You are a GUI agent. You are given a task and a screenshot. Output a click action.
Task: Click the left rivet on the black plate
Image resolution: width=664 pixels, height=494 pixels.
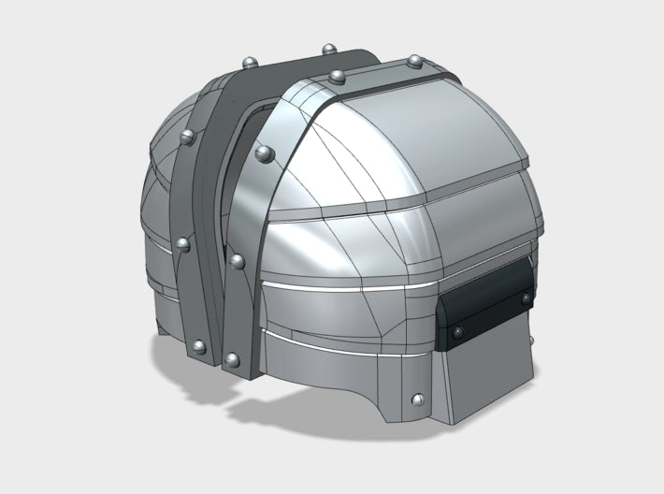[x=457, y=332]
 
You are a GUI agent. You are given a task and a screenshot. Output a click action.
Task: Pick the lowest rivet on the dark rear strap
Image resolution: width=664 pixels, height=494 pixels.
[x=197, y=348]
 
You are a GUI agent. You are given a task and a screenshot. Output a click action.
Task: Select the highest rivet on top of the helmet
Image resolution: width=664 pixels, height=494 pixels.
[x=328, y=48]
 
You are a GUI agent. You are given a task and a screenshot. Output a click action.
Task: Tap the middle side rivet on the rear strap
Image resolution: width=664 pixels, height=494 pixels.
[x=182, y=245]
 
